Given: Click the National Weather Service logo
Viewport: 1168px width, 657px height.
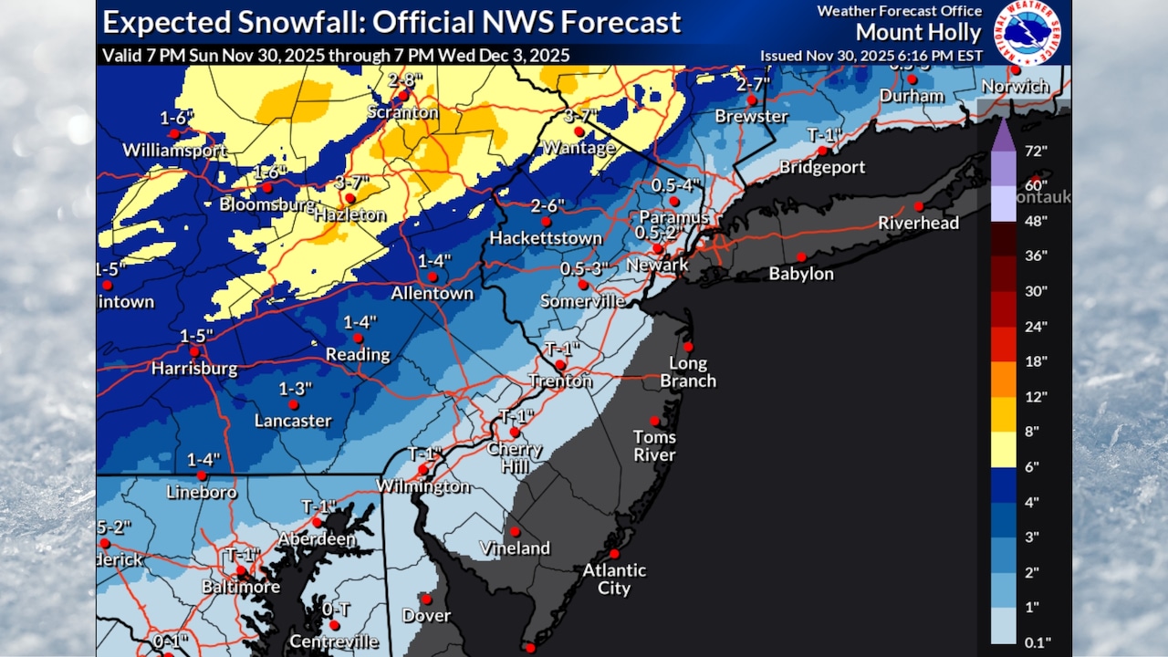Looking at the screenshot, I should pyautogui.click(x=1027, y=32).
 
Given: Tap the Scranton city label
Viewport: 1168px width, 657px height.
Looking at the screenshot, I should pyautogui.click(x=402, y=112).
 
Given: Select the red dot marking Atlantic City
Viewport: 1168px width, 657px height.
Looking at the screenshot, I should pyautogui.click(x=614, y=553).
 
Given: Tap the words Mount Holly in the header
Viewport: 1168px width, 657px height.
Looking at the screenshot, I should pyautogui.click(x=918, y=34).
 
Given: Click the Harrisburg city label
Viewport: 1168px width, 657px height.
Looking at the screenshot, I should pyautogui.click(x=194, y=369).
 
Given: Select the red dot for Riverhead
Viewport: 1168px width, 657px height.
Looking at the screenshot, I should pyautogui.click(x=919, y=206).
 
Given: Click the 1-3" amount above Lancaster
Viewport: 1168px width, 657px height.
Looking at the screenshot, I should pyautogui.click(x=296, y=389).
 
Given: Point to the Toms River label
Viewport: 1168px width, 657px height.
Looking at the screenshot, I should pyautogui.click(x=654, y=445).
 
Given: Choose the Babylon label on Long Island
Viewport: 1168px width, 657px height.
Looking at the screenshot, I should pyautogui.click(x=801, y=273).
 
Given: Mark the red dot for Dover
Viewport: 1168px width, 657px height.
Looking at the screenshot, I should pyautogui.click(x=426, y=600).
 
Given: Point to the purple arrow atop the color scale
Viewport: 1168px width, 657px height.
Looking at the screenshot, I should pyautogui.click(x=1003, y=134).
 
